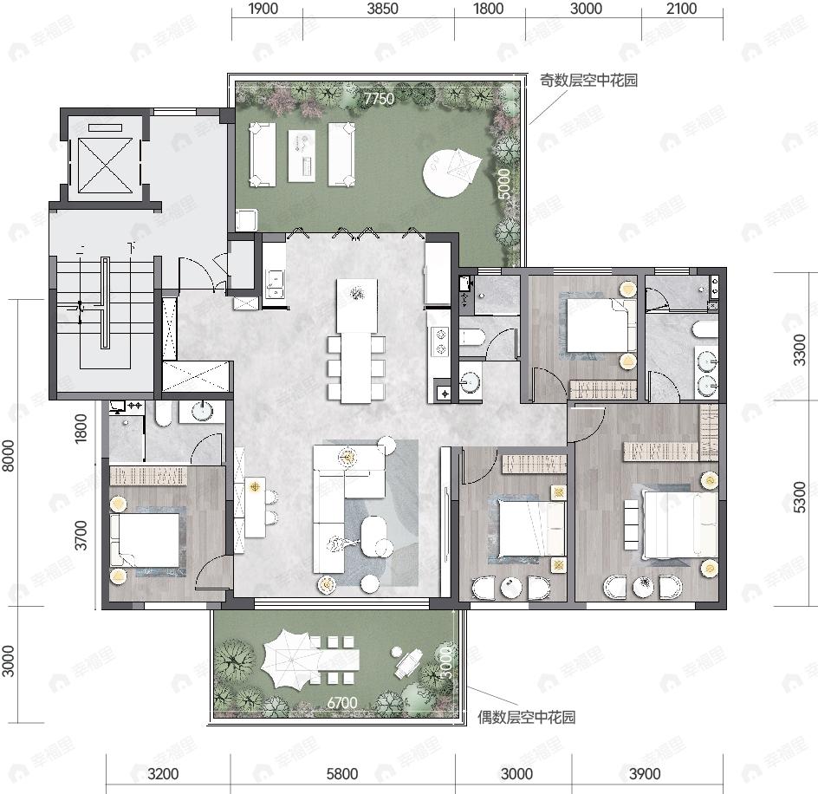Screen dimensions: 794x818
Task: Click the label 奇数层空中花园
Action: (589, 81)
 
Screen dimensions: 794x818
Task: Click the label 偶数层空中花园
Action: (527, 717)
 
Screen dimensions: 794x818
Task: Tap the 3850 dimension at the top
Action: (383, 10)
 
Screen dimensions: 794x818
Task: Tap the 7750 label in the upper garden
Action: (379, 99)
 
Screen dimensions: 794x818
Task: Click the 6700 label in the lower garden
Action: (343, 703)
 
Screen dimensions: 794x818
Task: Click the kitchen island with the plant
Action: (356, 306)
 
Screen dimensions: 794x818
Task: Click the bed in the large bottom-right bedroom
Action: (680, 523)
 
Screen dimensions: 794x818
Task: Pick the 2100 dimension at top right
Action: (682, 10)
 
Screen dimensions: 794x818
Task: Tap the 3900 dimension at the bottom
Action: (645, 774)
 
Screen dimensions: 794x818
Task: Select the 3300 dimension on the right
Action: (808, 351)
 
